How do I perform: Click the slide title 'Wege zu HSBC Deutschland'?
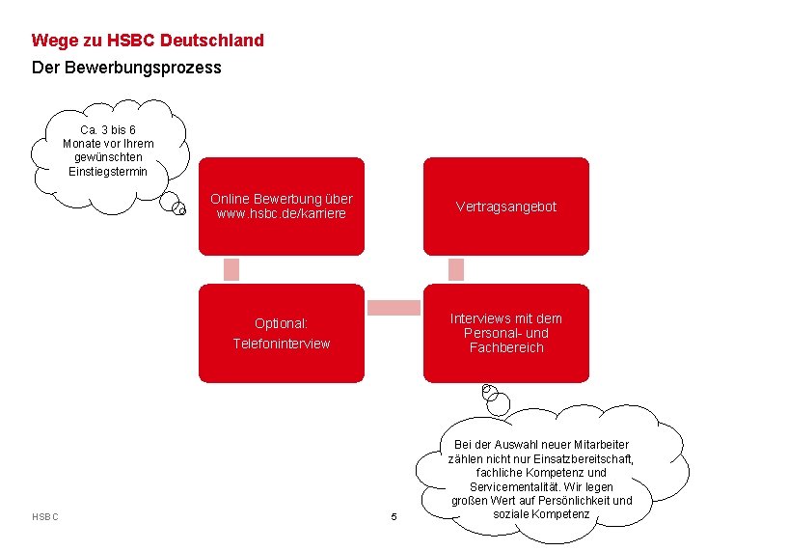tap(147, 41)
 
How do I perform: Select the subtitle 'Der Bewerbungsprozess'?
tap(126, 68)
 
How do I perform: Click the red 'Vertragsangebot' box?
tap(505, 207)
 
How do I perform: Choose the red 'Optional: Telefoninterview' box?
tap(282, 333)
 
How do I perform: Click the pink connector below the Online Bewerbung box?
tap(231, 269)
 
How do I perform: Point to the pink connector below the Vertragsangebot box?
tap(456, 269)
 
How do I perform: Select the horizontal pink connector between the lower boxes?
tap(394, 308)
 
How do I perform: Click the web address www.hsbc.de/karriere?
tap(282, 213)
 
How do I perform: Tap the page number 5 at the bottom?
tap(394, 517)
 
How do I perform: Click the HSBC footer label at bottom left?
tap(45, 517)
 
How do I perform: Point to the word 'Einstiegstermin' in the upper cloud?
tap(108, 171)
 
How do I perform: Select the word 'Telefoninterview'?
tap(282, 344)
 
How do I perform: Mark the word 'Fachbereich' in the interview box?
tap(506, 347)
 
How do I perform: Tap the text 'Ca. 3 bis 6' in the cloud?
tap(108, 129)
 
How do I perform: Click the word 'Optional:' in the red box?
tap(282, 323)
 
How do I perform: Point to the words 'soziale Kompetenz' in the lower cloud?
tap(541, 513)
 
